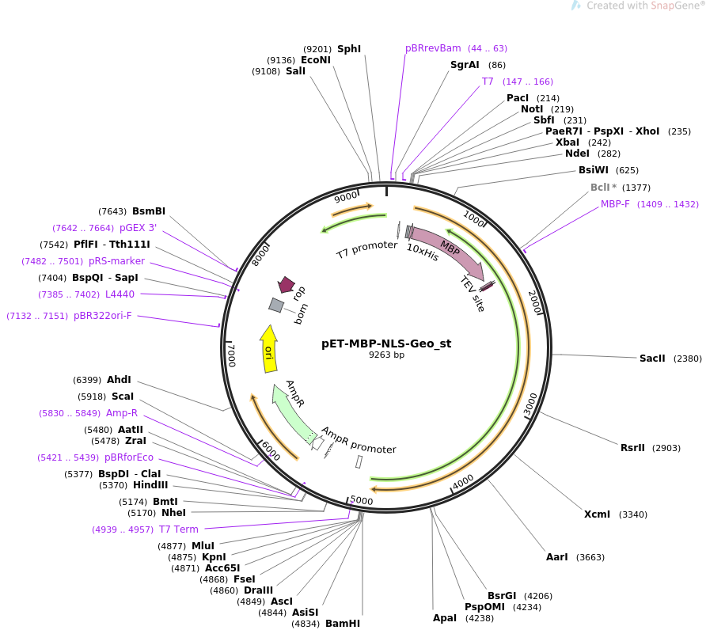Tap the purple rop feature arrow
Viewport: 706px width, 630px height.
[286, 285]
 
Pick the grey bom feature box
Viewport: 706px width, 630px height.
[276, 305]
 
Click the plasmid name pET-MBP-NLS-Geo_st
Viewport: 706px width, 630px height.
[386, 343]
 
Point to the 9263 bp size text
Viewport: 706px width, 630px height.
[386, 355]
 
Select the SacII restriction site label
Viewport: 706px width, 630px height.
[653, 359]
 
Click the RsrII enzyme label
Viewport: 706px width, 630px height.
[632, 448]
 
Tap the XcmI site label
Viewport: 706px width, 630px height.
[597, 514]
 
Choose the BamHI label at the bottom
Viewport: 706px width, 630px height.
[343, 624]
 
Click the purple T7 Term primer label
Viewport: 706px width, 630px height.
[179, 529]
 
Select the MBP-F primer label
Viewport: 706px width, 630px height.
[615, 204]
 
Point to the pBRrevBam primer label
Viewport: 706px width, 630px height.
[433, 48]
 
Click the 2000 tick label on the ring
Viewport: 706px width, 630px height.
[535, 302]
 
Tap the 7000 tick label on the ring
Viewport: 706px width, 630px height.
[231, 354]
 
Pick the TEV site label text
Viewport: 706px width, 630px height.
[473, 294]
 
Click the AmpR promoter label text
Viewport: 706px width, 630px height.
[358, 439]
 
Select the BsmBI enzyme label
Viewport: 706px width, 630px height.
[149, 211]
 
